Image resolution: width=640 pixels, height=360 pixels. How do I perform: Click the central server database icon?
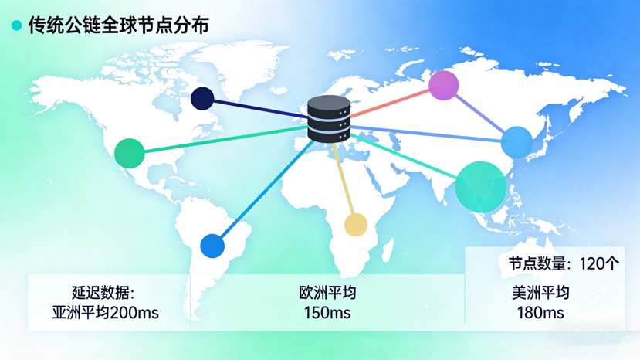[329, 119]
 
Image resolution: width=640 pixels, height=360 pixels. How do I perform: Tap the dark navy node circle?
[202, 98]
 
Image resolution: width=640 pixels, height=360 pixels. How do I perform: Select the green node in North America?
[130, 153]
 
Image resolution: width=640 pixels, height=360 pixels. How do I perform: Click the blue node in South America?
[212, 246]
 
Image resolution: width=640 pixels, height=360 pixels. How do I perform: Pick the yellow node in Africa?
[355, 225]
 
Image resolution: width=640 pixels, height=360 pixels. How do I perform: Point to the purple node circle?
[444, 85]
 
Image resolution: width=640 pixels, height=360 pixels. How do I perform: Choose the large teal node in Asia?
[480, 187]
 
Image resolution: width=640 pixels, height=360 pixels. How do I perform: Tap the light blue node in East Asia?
[516, 142]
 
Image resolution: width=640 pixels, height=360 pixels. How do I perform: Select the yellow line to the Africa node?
[344, 182]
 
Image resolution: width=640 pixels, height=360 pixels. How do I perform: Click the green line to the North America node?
[224, 140]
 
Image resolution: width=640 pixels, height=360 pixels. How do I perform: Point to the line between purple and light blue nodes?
[480, 114]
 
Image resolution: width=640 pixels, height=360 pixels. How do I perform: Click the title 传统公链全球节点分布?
[119, 25]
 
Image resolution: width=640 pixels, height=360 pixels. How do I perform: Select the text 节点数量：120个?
[564, 263]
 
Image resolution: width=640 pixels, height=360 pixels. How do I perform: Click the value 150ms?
[327, 313]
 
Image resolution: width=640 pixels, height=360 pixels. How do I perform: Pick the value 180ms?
[540, 313]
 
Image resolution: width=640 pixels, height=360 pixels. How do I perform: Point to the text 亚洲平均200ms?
[106, 313]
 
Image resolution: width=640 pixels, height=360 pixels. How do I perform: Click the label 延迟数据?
[103, 294]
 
